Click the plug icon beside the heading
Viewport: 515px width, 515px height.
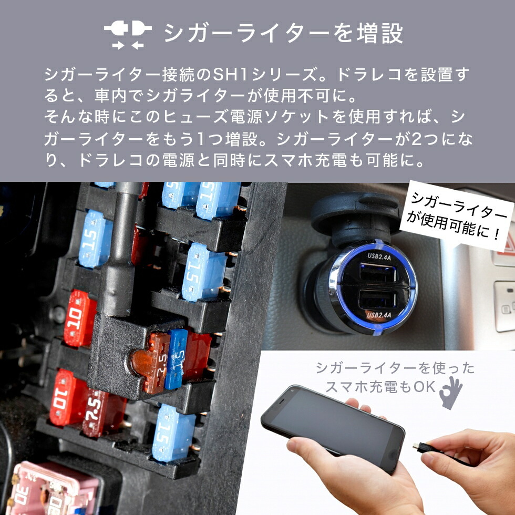127,34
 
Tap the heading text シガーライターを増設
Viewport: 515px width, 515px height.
283,34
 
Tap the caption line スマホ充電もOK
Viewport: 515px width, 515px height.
380,386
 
